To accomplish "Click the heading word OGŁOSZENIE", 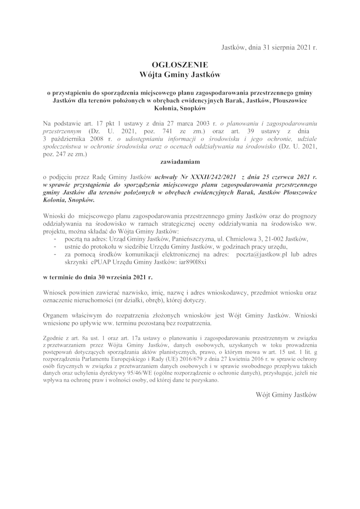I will (x=180, y=64).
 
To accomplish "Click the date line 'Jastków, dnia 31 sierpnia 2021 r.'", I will (x=270, y=47).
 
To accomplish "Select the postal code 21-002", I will (x=279, y=238).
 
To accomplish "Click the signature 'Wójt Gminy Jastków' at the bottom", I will (x=286, y=395).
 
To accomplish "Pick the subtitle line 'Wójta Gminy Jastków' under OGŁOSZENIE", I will (x=180, y=73).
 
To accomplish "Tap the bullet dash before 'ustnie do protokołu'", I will (x=54, y=246).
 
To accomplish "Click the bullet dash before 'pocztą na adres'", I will (x=54, y=238).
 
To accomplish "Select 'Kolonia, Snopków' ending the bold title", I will (x=180, y=108).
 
